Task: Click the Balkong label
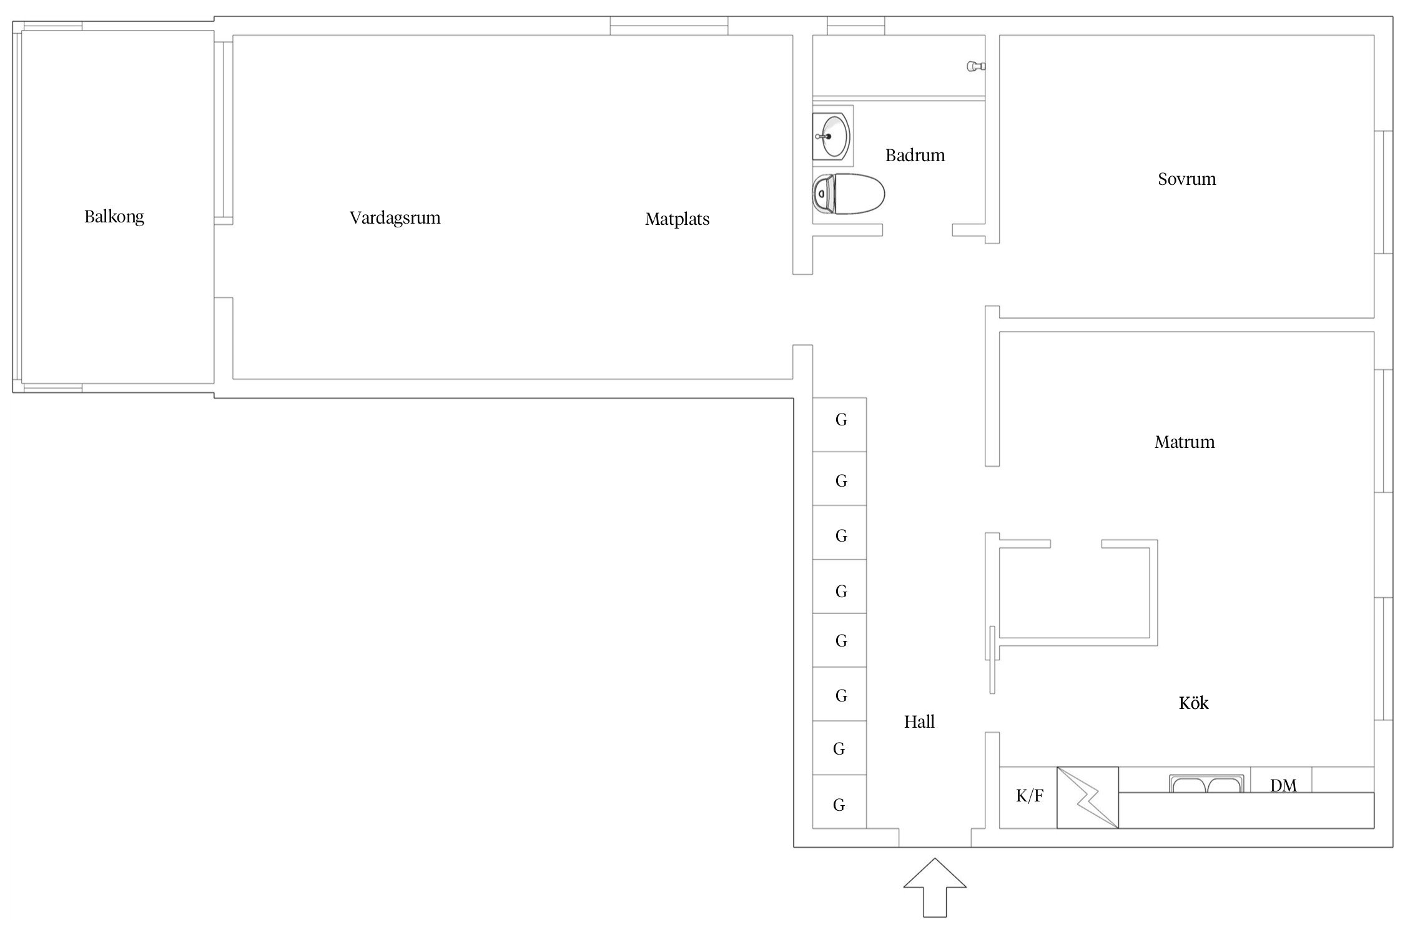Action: click(x=114, y=217)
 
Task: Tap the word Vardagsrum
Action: click(x=395, y=218)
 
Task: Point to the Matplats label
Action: click(x=678, y=219)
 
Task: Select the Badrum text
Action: click(x=915, y=155)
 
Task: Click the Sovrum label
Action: click(x=1186, y=179)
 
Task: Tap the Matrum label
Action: click(x=1185, y=442)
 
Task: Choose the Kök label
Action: click(x=1193, y=703)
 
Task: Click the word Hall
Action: click(x=919, y=722)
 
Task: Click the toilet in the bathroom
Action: click(x=849, y=194)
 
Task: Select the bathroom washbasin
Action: click(x=833, y=136)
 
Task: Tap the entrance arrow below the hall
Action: click(x=935, y=888)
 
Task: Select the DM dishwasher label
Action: click(x=1283, y=785)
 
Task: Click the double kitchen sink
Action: click(x=1206, y=784)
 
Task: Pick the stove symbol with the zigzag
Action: click(x=1088, y=798)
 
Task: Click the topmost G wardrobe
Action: click(x=839, y=425)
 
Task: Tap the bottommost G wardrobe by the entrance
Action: click(x=839, y=802)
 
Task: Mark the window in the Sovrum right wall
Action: click(x=1384, y=192)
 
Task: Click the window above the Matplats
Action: click(x=669, y=26)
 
